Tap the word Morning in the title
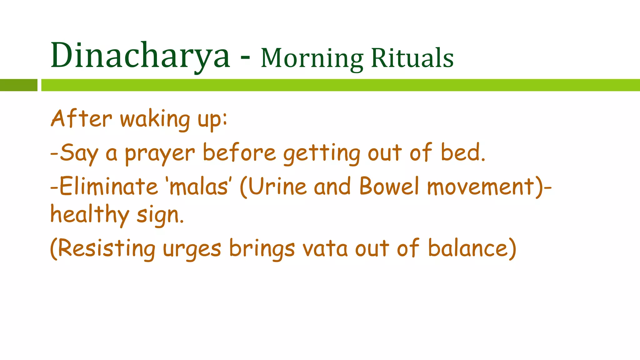tap(312, 58)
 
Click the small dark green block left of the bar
tap(18, 85)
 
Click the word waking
tap(155, 120)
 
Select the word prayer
tap(160, 154)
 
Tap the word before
tap(239, 153)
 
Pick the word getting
tap(322, 154)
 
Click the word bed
tap(462, 153)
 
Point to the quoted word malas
tap(198, 187)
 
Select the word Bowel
tap(389, 187)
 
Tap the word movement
tap(481, 187)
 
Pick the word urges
tap(192, 250)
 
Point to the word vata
tap(325, 249)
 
